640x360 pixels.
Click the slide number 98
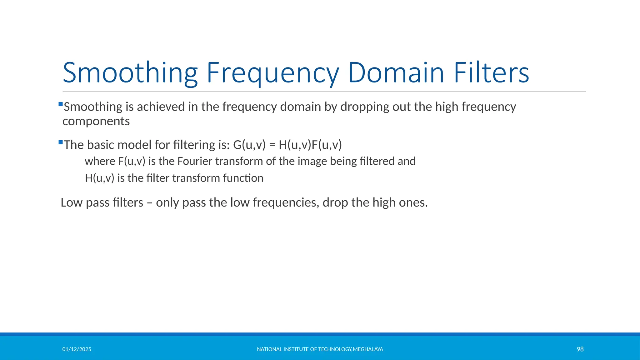[x=580, y=349]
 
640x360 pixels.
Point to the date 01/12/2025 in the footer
[x=77, y=349]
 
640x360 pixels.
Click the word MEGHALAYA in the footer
[x=368, y=349]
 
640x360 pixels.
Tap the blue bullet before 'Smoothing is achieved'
[x=61, y=104]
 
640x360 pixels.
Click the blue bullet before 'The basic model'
[x=61, y=142]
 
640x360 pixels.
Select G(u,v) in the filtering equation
[x=249, y=145]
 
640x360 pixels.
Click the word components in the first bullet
[x=96, y=122]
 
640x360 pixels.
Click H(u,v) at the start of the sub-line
[x=99, y=178]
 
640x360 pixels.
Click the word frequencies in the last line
[x=286, y=203]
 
